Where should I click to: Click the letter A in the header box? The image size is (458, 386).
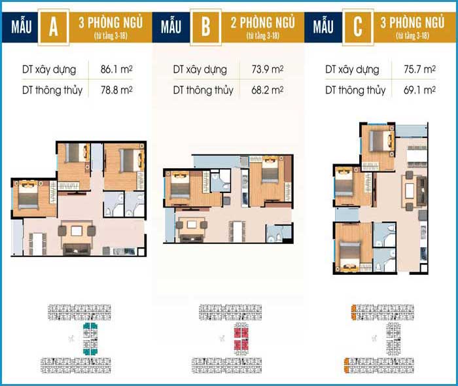tap(54, 27)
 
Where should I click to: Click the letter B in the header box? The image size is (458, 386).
tap(205, 27)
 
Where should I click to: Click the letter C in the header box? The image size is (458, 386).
tap(358, 27)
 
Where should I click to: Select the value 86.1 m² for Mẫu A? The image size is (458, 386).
tap(116, 69)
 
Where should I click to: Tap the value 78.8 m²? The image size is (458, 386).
tap(116, 90)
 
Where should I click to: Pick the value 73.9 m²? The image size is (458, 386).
tap(267, 69)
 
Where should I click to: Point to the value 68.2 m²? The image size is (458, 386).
tap(267, 90)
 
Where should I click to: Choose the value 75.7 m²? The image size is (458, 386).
tap(419, 69)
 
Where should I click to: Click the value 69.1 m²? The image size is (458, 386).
tap(419, 90)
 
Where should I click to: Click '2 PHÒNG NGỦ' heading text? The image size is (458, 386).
tap(262, 22)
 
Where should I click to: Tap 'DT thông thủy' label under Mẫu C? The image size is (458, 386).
tap(355, 90)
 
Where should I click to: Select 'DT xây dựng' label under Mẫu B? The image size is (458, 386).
tap(200, 70)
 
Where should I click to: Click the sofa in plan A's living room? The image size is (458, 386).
tap(77, 249)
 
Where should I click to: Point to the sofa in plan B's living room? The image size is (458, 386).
tap(191, 237)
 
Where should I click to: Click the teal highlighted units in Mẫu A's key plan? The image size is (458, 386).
tap(90, 339)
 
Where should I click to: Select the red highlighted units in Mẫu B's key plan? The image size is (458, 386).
tap(241, 339)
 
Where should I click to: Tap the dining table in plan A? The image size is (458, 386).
tap(37, 244)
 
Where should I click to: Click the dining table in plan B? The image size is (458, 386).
tap(237, 232)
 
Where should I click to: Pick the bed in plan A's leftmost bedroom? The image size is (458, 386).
tap(28, 195)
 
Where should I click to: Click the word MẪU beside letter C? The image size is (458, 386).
tap(323, 26)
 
